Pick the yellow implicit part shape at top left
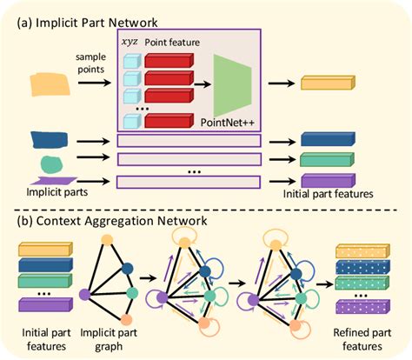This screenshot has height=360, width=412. tap(48, 83)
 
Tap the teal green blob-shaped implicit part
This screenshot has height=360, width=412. tap(51, 162)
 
